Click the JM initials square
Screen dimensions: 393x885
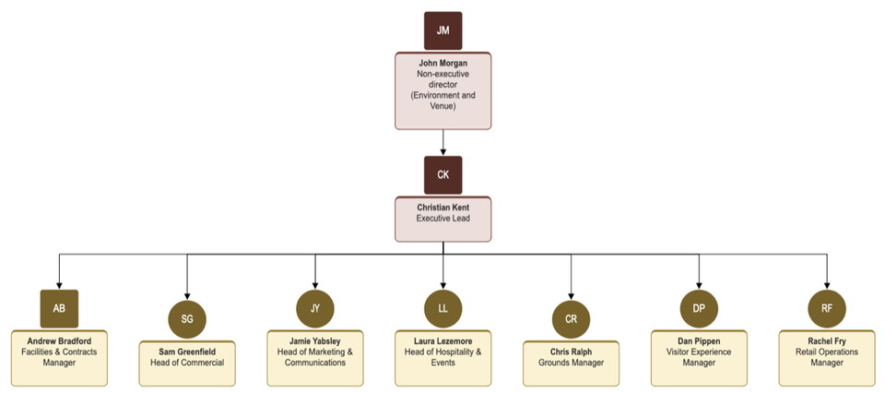442,30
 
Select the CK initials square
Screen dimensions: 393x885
442,174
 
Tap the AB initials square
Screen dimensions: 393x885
59,308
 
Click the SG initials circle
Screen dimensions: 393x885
187,318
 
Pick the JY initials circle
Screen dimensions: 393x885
315,308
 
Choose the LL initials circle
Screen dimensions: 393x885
442,308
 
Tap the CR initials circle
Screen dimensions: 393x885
571,318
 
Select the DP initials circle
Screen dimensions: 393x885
699,308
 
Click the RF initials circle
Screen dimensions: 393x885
826,308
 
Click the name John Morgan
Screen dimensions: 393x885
442,64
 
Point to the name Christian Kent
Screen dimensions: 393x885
442,208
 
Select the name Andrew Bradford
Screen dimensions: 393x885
59,340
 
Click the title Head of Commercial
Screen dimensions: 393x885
187,363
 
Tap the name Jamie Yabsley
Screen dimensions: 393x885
315,340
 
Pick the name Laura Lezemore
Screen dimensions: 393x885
442,340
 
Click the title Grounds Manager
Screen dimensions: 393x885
571,363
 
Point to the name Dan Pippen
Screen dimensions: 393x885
699,340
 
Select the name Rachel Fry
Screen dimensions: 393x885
826,340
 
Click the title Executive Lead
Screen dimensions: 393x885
442,219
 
